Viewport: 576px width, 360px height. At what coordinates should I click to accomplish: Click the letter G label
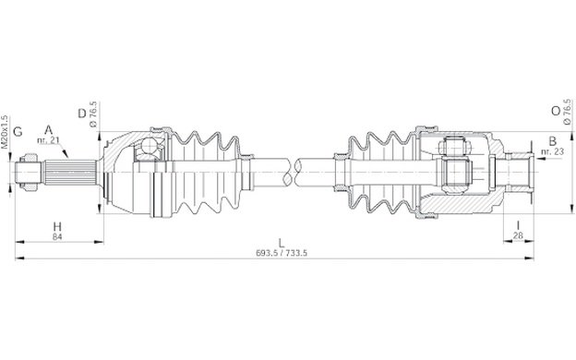click(x=18, y=131)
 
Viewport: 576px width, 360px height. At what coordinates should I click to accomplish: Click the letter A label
click(x=49, y=129)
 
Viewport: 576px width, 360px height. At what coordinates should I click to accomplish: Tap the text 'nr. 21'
click(x=48, y=140)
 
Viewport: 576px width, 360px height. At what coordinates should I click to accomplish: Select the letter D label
click(x=82, y=114)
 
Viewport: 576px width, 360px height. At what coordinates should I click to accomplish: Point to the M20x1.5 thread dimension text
click(x=5, y=132)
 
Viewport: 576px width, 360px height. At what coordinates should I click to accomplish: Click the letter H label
click(x=57, y=226)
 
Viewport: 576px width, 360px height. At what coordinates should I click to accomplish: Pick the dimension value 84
click(x=57, y=237)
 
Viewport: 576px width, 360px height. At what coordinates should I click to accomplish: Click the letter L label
click(x=282, y=243)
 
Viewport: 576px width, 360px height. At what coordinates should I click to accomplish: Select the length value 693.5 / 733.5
click(x=282, y=253)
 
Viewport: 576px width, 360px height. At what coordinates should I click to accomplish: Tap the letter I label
click(x=518, y=225)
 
